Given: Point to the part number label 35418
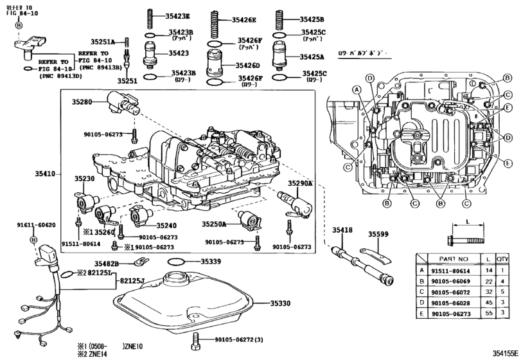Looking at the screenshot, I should point(342,230).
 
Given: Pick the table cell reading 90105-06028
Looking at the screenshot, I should point(453,302).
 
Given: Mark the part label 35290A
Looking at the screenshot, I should point(299,183).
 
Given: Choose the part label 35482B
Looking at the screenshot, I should point(109,264).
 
